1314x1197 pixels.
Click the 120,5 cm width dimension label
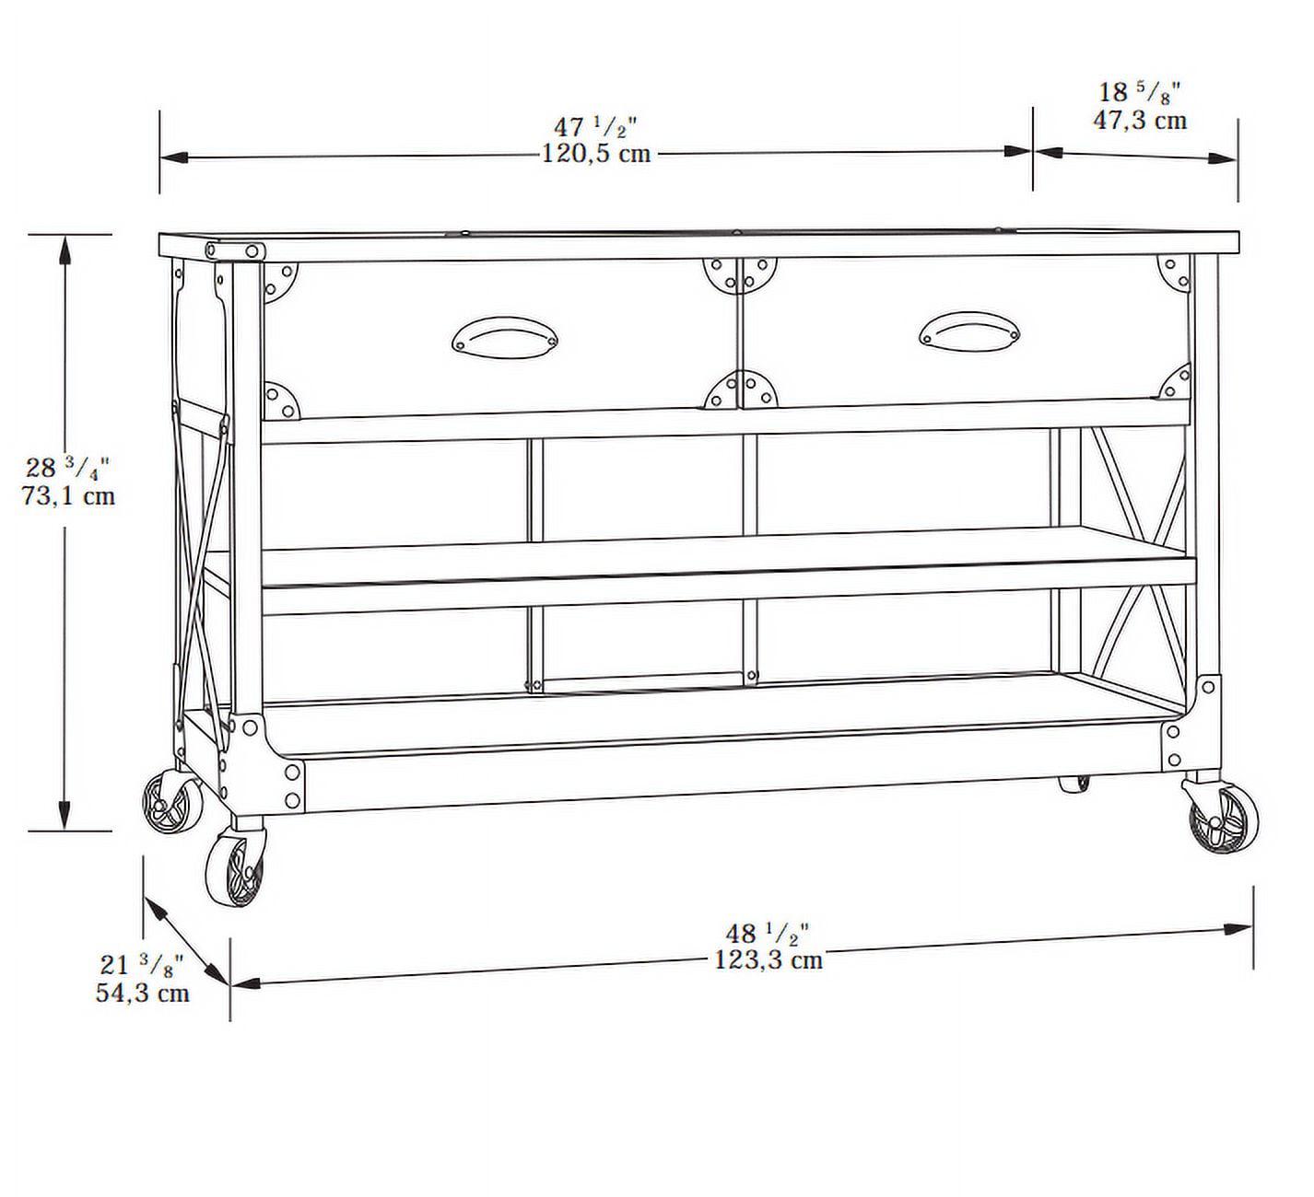(x=596, y=153)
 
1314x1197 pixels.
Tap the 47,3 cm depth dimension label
(x=1140, y=120)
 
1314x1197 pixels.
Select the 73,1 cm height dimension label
(x=69, y=495)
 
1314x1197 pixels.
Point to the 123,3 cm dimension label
(x=768, y=960)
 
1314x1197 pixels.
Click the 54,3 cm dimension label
(x=142, y=994)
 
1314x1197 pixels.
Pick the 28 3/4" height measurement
(x=68, y=468)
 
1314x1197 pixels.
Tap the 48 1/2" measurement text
(x=767, y=933)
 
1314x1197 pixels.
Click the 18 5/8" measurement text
(x=1140, y=92)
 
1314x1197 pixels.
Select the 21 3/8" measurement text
(x=142, y=966)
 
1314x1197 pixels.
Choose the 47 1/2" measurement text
(x=595, y=126)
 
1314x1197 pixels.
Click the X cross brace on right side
(x=1137, y=556)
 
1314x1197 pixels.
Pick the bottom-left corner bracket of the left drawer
(x=282, y=401)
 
